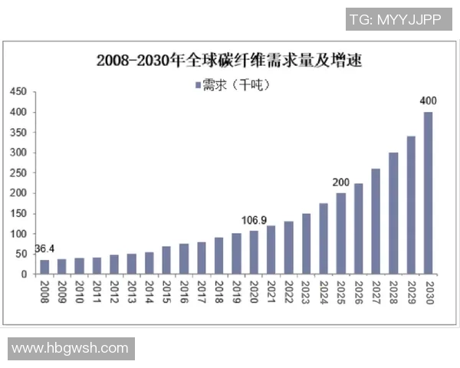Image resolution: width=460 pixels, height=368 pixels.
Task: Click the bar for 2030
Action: [x=428, y=193]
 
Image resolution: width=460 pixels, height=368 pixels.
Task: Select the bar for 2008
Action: [x=44, y=267]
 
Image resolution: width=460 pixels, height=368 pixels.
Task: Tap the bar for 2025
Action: [x=340, y=233]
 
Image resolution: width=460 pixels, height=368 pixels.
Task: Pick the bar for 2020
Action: [x=253, y=252]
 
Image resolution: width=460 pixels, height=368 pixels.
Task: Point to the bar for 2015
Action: [x=166, y=260]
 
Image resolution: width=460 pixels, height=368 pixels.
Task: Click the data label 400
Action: [x=428, y=100]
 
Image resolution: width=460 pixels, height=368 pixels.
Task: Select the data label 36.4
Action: [x=44, y=249]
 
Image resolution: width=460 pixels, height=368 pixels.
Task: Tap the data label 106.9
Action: [x=255, y=220]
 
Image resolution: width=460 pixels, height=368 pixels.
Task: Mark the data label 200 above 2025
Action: [x=340, y=182]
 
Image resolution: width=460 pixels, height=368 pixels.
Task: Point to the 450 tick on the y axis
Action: [x=18, y=92]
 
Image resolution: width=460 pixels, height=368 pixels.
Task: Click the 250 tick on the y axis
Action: [x=18, y=173]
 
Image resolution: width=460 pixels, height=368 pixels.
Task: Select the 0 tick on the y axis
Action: [x=24, y=274]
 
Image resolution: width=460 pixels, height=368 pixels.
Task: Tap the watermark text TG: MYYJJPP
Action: [x=395, y=19]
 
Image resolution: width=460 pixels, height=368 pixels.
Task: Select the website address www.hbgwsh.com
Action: [x=70, y=348]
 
